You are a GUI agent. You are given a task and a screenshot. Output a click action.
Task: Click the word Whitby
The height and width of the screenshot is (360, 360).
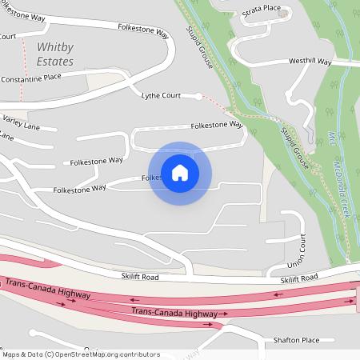(54, 47)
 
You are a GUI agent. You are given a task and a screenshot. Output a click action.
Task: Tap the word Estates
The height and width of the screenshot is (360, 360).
(54, 62)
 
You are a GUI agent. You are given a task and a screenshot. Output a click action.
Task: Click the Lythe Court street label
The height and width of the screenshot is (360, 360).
(161, 95)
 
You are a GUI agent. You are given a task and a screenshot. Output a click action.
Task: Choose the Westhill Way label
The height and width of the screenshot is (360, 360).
(310, 61)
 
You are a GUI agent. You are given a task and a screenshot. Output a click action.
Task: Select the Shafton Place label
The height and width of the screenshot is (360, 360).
(296, 340)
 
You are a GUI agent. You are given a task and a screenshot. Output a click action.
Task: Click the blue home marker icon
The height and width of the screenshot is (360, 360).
(180, 173)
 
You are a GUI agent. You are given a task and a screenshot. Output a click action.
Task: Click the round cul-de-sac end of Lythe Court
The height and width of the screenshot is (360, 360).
(199, 96)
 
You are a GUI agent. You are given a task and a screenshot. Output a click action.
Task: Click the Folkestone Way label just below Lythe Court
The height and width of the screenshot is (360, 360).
(216, 126)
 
